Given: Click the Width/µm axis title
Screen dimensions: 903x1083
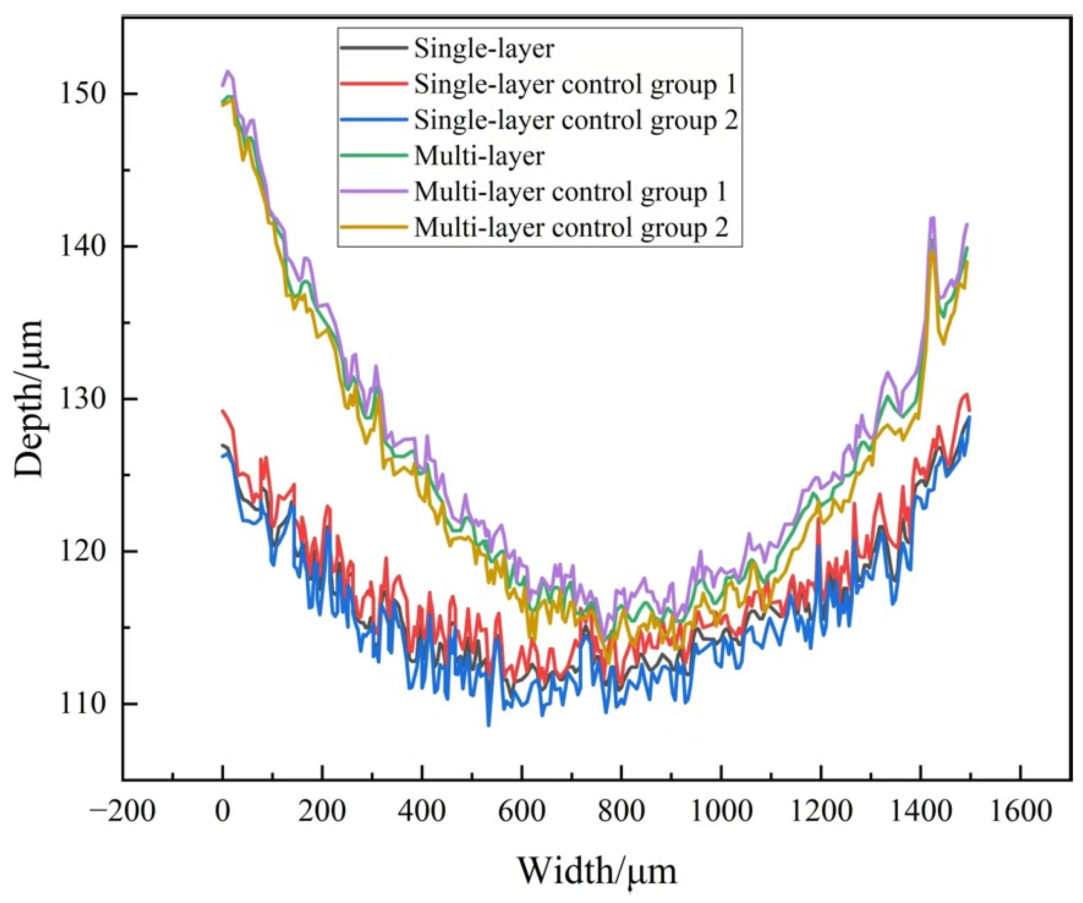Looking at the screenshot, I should (597, 872).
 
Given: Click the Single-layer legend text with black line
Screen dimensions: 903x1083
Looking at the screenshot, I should (484, 48).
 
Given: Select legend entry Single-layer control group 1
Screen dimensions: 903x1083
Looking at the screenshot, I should (574, 84).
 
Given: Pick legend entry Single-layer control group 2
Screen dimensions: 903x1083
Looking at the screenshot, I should (575, 120).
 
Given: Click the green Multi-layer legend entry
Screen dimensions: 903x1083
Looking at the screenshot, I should (478, 156).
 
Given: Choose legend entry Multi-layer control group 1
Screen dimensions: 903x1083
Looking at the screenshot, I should (570, 192).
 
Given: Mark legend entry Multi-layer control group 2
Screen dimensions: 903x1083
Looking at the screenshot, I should (571, 228).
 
